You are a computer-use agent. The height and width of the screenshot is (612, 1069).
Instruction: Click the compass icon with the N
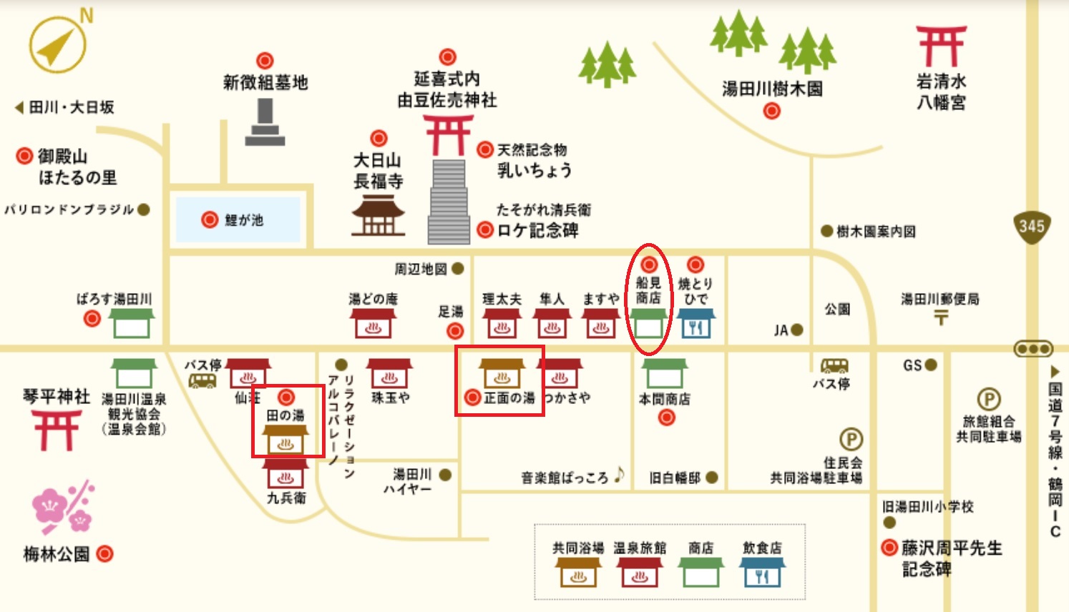[x=58, y=44]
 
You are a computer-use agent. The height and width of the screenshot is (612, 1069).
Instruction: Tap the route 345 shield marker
[x=1031, y=227]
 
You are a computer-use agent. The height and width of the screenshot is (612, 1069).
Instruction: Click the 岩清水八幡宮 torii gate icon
[x=941, y=46]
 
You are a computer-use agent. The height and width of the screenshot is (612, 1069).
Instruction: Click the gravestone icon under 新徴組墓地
[x=265, y=122]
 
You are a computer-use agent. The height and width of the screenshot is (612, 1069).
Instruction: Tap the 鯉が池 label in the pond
[x=243, y=220]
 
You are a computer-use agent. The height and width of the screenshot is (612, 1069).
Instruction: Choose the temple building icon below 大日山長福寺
[x=378, y=217]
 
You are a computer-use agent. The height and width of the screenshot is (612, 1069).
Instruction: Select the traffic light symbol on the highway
[x=1033, y=349]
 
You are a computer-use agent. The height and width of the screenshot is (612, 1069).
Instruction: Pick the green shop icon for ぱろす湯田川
[x=132, y=323]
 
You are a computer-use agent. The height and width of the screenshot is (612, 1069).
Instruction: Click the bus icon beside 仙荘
[x=202, y=380]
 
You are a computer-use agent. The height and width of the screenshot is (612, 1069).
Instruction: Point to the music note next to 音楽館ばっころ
[x=619, y=474]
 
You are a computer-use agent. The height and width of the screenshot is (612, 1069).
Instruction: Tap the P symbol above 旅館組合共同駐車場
[x=989, y=400]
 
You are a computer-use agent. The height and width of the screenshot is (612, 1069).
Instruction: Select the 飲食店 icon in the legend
[x=762, y=572]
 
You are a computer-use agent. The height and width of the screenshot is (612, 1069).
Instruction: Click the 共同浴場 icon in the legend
[x=578, y=572]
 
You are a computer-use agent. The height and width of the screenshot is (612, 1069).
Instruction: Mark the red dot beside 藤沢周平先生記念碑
[x=889, y=548]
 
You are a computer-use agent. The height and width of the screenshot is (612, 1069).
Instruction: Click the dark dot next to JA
[x=796, y=330]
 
